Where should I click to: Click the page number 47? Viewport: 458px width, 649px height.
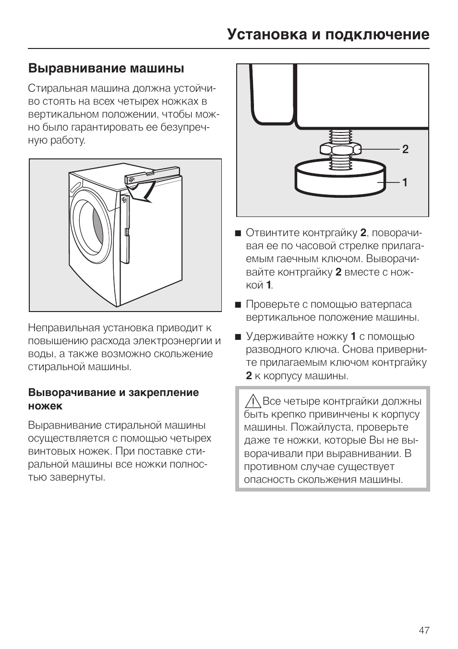coord(423,630)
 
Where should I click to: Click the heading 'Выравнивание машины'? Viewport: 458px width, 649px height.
coord(106,69)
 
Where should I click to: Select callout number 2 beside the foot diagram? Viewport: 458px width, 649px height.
coord(405,149)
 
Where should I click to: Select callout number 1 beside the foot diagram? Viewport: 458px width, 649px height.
coord(405,182)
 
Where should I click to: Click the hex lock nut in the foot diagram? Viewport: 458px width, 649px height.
coord(340,149)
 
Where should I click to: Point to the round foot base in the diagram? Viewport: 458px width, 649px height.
coord(339,180)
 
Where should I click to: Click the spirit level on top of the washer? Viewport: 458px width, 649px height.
coord(152,174)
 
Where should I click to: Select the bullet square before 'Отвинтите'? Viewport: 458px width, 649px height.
coord(238,234)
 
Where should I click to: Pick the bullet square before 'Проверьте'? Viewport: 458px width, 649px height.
coord(238,305)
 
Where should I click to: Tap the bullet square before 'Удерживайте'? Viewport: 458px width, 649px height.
coord(238,337)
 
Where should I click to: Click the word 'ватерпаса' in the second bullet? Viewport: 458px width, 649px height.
coord(388,304)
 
